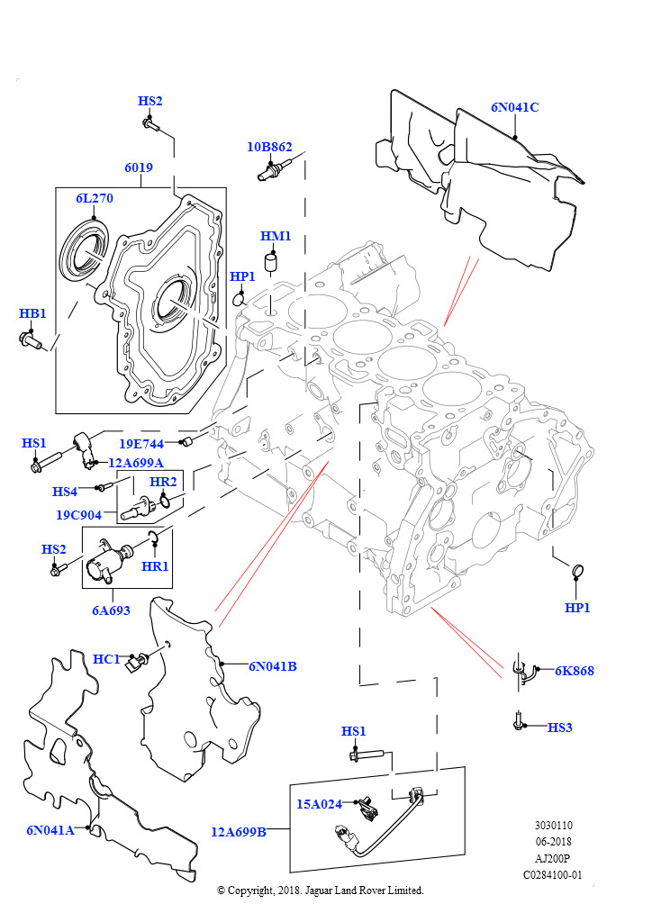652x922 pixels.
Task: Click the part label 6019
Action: tap(139, 167)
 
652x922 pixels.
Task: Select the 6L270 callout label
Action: tap(94, 198)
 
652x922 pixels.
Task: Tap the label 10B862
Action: tap(270, 146)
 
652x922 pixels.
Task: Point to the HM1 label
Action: tap(276, 236)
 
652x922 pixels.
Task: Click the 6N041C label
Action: tap(514, 107)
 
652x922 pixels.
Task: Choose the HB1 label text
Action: tap(32, 313)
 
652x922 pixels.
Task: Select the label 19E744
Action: tap(141, 444)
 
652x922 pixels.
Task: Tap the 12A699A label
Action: tap(136, 463)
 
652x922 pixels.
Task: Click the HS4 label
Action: tap(65, 492)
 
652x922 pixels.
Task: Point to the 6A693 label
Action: tap(111, 610)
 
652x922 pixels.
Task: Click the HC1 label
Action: tap(106, 659)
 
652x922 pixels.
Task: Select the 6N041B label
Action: tap(273, 666)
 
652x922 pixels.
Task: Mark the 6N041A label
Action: tap(50, 830)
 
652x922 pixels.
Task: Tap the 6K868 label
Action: tap(574, 671)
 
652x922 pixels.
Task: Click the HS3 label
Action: tap(559, 727)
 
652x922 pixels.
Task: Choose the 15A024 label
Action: tap(320, 804)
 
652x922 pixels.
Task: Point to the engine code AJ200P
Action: tap(552, 858)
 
